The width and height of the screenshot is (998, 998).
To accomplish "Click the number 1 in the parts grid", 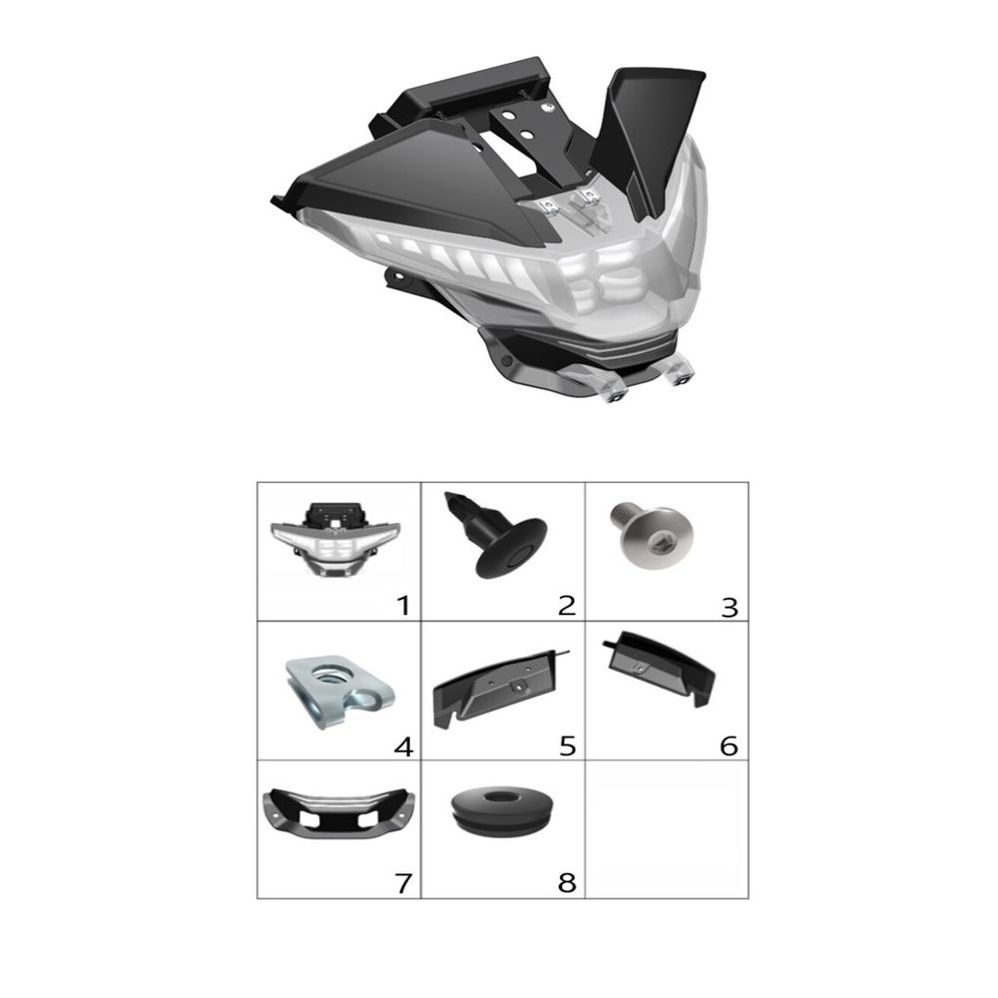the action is coord(403,605).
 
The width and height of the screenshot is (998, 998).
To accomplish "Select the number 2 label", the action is coord(567,605).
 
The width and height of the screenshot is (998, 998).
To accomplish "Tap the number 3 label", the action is coord(730,607).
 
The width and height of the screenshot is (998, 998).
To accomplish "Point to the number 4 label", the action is coord(403,746).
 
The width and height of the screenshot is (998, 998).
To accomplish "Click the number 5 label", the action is coord(567,746).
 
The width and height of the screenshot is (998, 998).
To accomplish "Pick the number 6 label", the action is coord(730,746).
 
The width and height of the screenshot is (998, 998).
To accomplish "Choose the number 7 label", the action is coord(403,883).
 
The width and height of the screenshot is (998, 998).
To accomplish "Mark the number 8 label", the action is coord(567,883).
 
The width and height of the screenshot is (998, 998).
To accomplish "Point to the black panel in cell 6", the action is coord(659,669).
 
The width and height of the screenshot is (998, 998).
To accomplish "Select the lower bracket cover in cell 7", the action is coord(338,812).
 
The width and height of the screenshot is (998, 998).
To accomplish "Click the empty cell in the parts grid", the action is coord(667,828).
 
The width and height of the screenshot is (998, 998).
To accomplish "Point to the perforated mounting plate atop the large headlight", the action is coord(528,131).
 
